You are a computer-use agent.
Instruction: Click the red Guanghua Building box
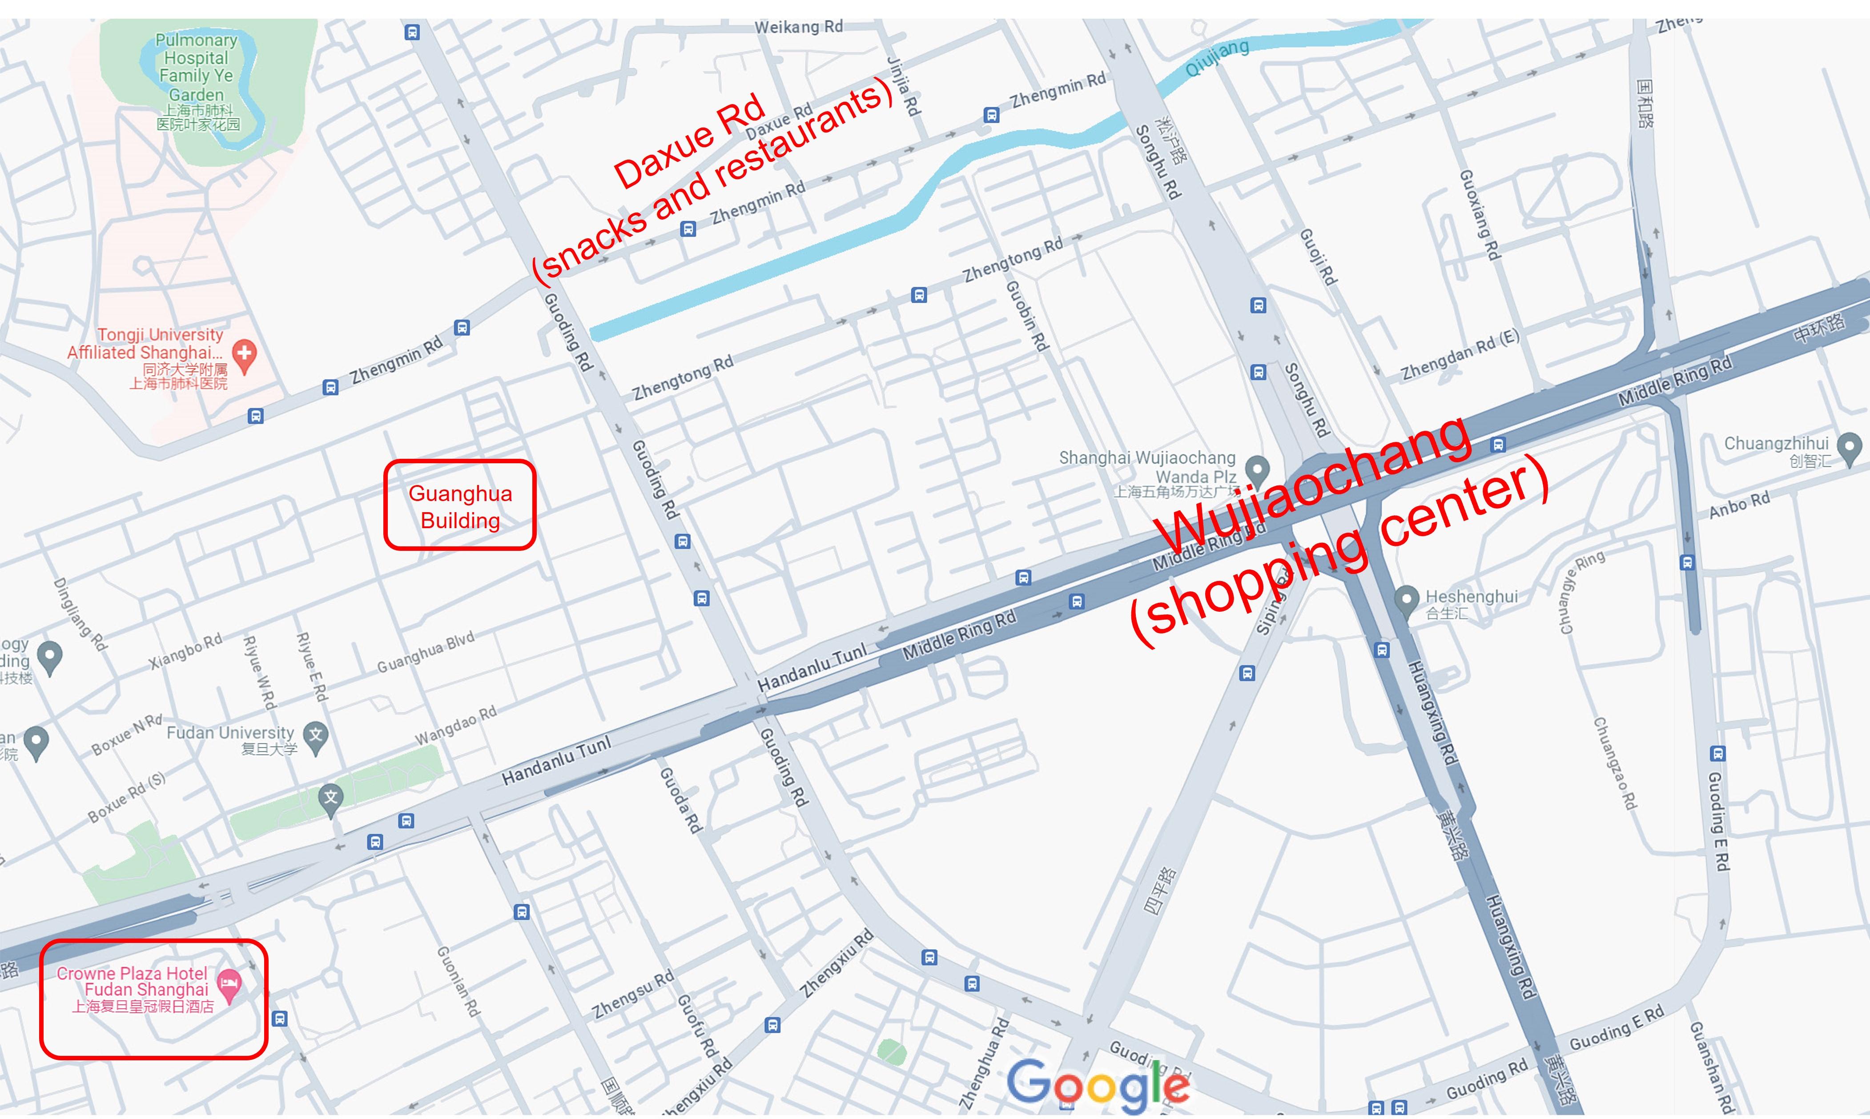click(460, 505)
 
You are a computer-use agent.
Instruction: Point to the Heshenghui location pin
click(1406, 601)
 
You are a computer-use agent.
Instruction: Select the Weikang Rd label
click(799, 27)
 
